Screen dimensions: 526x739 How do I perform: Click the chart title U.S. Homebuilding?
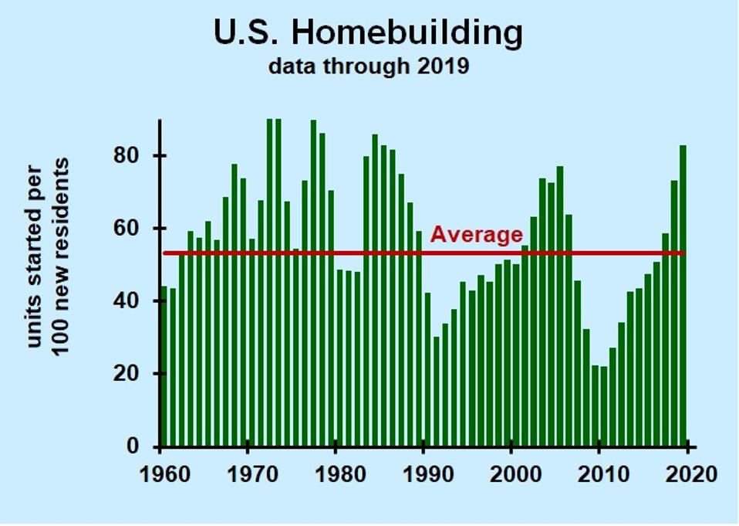(x=368, y=32)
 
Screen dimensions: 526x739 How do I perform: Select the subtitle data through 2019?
(x=368, y=66)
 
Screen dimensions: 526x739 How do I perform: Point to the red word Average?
(x=476, y=234)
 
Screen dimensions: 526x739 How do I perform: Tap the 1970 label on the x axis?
(x=248, y=473)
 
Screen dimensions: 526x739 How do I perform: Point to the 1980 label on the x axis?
(x=336, y=473)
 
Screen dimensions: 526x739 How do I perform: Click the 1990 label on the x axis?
(x=424, y=473)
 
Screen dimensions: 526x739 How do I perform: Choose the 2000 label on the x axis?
(x=513, y=473)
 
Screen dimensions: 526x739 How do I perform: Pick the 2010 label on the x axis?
(x=601, y=473)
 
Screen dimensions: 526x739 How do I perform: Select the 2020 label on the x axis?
(x=689, y=473)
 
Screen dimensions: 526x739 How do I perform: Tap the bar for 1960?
(x=164, y=367)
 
